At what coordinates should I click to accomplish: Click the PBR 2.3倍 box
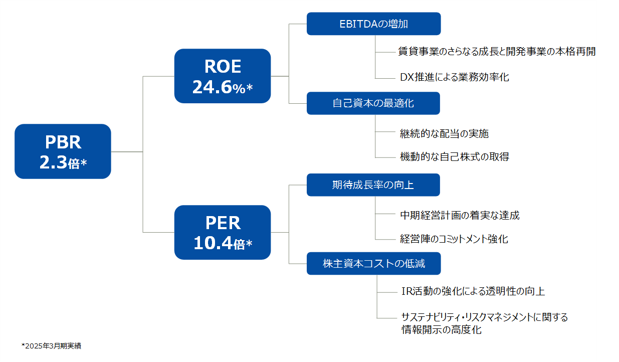(x=63, y=151)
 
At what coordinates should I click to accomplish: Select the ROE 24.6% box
(x=223, y=76)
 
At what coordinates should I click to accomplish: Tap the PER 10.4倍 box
(x=223, y=233)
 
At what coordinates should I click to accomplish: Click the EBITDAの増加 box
(x=373, y=24)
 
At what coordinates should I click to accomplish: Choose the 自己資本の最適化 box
(x=373, y=103)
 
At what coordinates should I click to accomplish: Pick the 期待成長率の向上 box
(x=373, y=185)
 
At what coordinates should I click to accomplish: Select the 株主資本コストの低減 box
(x=373, y=263)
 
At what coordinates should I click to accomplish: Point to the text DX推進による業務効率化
(x=454, y=77)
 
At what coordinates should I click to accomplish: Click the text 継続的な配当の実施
(x=445, y=134)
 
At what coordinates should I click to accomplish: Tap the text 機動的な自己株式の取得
(x=455, y=157)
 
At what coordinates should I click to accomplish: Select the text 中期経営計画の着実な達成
(x=460, y=215)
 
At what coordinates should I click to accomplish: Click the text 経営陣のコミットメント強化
(x=454, y=239)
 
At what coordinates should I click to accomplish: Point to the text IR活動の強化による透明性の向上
(x=473, y=291)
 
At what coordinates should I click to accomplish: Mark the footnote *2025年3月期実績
(x=52, y=346)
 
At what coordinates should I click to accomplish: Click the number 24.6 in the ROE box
(x=212, y=87)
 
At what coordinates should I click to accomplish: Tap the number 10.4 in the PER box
(x=213, y=243)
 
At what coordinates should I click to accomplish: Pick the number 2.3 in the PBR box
(x=53, y=162)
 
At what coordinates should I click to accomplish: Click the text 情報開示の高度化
(x=441, y=330)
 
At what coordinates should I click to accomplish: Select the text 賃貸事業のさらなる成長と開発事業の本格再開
(x=497, y=52)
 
